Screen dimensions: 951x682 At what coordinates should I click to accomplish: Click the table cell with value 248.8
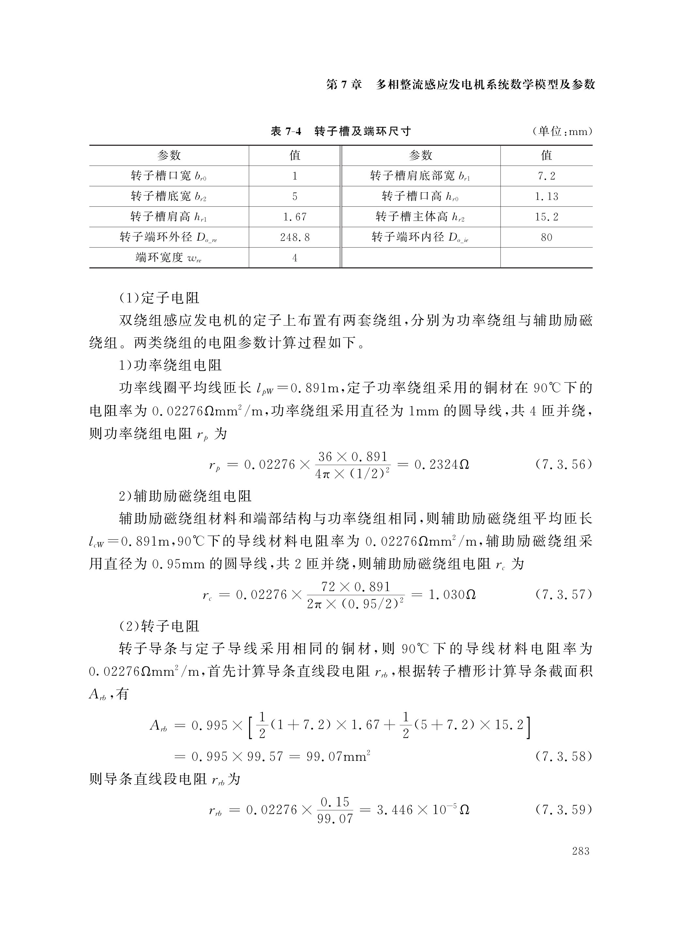294,238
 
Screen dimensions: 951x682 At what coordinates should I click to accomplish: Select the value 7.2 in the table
547,176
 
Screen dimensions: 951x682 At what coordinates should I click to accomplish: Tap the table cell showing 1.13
547,197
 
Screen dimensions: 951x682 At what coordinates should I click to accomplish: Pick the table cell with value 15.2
547,217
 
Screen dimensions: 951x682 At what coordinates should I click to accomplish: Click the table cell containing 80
547,238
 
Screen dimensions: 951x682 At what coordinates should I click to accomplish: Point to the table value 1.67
294,217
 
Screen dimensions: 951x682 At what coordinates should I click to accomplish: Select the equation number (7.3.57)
563,595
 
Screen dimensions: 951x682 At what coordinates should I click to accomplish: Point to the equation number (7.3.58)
563,756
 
